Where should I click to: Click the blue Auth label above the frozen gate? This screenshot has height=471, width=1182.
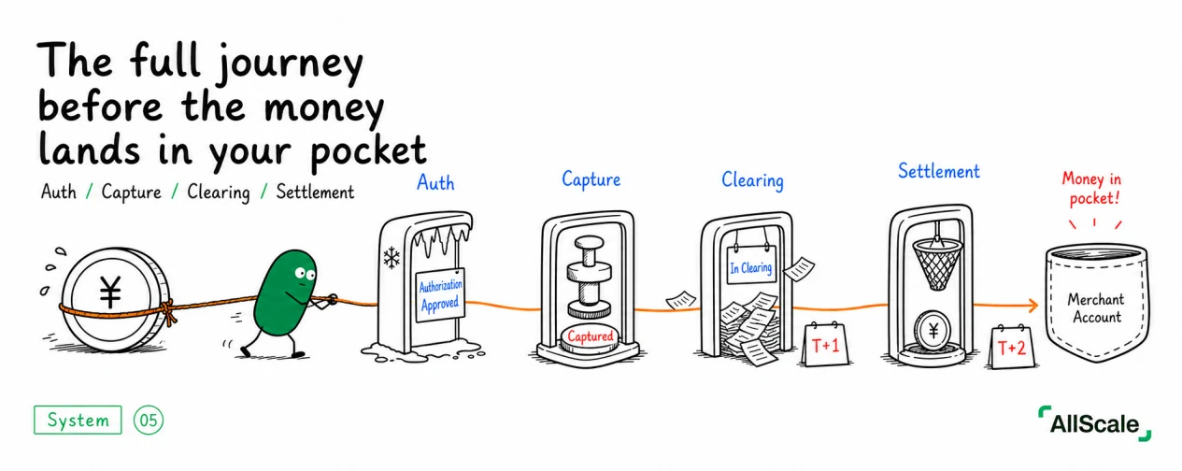pyautogui.click(x=435, y=182)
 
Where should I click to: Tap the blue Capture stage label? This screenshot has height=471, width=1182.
pyautogui.click(x=591, y=180)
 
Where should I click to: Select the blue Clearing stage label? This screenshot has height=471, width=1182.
pyautogui.click(x=752, y=180)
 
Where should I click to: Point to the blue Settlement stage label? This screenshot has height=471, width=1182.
pyautogui.click(x=939, y=171)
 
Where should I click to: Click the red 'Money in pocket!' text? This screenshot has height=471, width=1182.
pyautogui.click(x=1091, y=189)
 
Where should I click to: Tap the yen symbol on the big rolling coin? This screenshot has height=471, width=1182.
pyautogui.click(x=110, y=292)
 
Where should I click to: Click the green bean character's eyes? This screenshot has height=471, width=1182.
pyautogui.click(x=305, y=274)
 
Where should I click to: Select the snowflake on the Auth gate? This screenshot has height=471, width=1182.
pyautogui.click(x=391, y=258)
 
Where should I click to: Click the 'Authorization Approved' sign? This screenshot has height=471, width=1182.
pyautogui.click(x=440, y=294)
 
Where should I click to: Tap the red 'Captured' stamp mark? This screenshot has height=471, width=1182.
pyautogui.click(x=590, y=336)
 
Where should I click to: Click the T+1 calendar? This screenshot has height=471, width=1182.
pyautogui.click(x=825, y=344)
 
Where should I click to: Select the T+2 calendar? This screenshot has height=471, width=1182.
pyautogui.click(x=1011, y=347)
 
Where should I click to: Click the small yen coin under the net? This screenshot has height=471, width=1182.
pyautogui.click(x=933, y=331)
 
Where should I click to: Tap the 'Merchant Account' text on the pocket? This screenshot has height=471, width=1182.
pyautogui.click(x=1096, y=307)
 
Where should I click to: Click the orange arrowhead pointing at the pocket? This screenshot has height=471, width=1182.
pyautogui.click(x=1032, y=305)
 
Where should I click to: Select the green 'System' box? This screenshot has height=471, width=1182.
pyautogui.click(x=78, y=420)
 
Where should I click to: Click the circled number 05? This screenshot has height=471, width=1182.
pyautogui.click(x=149, y=421)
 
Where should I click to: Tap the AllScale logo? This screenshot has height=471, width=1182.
pyautogui.click(x=1095, y=423)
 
